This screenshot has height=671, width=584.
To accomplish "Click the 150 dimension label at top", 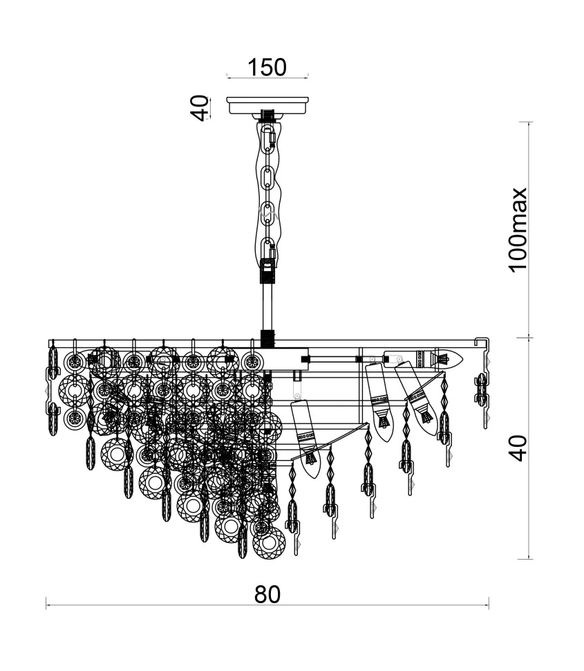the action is (267, 67).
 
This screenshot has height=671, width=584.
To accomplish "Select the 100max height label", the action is (518, 230).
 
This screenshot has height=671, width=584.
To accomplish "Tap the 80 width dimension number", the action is (267, 594).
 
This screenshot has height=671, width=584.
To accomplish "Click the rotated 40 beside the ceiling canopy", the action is (199, 109).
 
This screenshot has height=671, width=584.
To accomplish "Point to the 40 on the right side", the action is (518, 448).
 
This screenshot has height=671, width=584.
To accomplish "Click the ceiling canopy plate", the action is (267, 105).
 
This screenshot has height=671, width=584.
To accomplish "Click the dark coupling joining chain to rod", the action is (267, 271).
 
